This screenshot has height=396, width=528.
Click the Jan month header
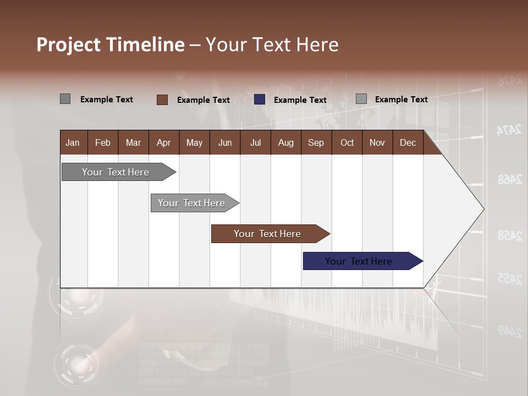click(73, 142)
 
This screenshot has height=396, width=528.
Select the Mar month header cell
click(133, 142)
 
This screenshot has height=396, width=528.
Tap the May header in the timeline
click(194, 142)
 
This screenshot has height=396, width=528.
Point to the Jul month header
click(255, 142)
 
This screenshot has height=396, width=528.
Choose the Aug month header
click(285, 142)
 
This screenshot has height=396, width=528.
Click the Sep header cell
click(316, 142)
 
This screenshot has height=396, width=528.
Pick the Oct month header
click(347, 142)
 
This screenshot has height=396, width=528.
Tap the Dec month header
click(408, 142)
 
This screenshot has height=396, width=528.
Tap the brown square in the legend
click(162, 100)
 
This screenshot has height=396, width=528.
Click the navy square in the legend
click(260, 100)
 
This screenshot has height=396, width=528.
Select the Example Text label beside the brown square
click(203, 100)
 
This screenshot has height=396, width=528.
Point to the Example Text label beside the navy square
click(300, 100)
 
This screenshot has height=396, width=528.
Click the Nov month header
click(377, 142)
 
